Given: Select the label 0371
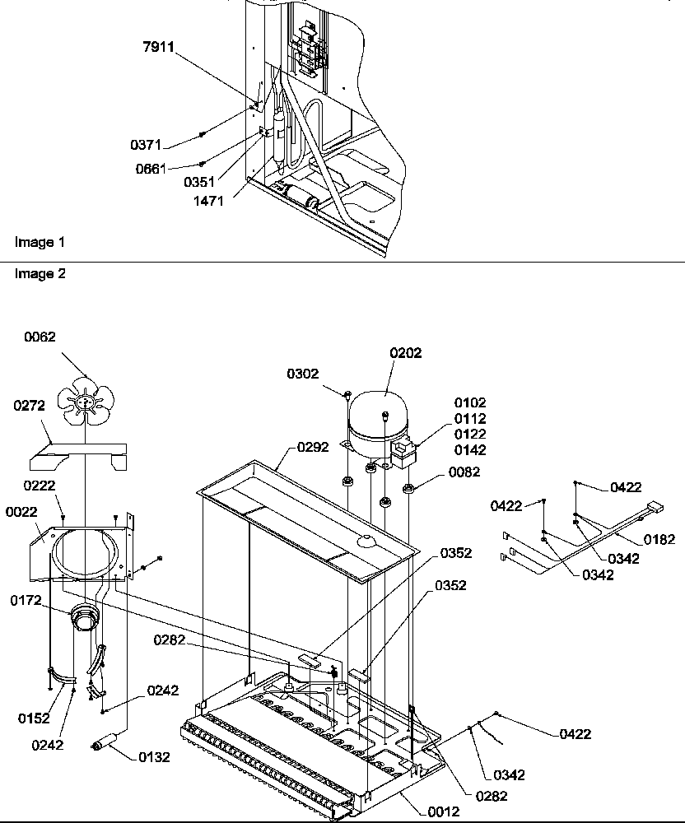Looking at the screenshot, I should (x=146, y=145).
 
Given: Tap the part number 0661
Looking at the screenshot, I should (x=151, y=169).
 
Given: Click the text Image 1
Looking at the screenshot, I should (x=40, y=242).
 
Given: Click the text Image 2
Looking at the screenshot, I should (x=40, y=274).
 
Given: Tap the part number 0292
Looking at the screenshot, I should (x=312, y=448).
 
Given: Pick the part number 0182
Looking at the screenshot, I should (x=659, y=540).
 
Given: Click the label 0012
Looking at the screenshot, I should (x=444, y=811).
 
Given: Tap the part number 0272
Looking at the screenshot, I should (x=30, y=406).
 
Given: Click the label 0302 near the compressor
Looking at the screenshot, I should (x=303, y=374).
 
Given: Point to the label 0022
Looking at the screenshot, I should (x=21, y=511).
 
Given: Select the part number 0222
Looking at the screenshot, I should (x=39, y=486).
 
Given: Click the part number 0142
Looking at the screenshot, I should (x=469, y=450).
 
